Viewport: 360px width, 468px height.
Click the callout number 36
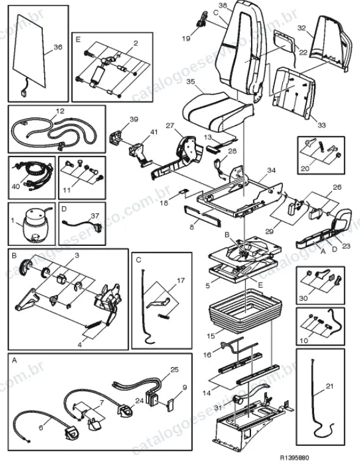coord(58,47)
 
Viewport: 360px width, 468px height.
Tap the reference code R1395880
coord(294,458)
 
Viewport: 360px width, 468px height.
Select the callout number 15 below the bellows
coord(211,336)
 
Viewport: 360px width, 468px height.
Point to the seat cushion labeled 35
coord(218,111)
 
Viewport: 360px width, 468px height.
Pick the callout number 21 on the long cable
coord(329,386)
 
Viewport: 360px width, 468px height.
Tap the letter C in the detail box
coord(138,260)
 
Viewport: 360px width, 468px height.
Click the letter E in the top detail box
coord(78,39)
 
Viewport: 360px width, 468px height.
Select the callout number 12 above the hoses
coord(60,111)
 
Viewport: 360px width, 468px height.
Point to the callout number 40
coord(15,186)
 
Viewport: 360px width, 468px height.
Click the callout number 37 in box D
coord(95,216)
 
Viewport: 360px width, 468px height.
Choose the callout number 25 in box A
coord(174,370)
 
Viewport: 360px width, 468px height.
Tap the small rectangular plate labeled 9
coord(171,406)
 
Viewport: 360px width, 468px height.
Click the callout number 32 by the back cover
coord(302,28)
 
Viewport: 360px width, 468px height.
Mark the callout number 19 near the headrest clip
coord(186,38)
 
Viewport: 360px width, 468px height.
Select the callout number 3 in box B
coord(77,256)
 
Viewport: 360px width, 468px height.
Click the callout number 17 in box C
coord(181,281)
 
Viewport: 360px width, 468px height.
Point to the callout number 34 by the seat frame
coord(271,171)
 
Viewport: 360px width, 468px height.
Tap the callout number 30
coord(303,298)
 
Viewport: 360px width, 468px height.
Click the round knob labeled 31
coord(238,399)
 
